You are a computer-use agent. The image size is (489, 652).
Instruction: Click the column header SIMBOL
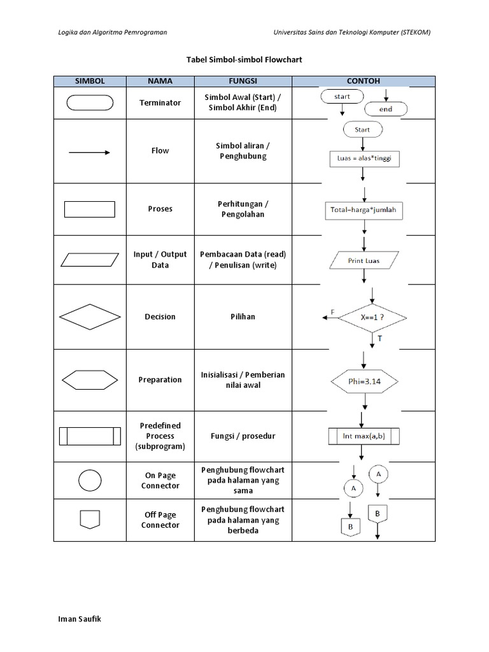(90, 81)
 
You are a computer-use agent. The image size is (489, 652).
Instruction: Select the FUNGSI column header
(243, 81)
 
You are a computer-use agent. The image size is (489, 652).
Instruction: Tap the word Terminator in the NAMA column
(160, 103)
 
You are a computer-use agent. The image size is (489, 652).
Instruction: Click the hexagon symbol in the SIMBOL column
(90, 380)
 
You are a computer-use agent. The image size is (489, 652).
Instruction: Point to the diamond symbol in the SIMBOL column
(90, 316)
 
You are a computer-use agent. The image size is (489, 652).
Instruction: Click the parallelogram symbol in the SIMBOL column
(90, 260)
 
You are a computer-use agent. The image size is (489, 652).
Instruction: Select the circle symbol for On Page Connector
(90, 481)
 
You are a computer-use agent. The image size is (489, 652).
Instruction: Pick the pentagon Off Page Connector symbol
(90, 519)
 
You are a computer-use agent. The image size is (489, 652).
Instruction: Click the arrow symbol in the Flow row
(90, 152)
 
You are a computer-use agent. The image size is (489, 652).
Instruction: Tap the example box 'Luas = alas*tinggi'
(364, 159)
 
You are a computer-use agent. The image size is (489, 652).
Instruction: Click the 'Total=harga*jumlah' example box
(364, 210)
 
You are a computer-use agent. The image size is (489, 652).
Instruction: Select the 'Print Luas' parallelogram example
(364, 260)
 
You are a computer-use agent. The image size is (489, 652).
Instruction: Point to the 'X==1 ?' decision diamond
(372, 317)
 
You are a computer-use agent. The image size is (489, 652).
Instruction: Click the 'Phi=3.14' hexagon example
(364, 382)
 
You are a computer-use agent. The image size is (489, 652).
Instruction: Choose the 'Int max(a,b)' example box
(364, 436)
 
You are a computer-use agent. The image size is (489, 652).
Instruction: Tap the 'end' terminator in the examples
(385, 109)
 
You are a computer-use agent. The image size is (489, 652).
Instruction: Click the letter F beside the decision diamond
(332, 311)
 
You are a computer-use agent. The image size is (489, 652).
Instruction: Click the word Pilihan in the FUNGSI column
(243, 316)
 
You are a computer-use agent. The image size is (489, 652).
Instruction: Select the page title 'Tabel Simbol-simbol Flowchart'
(244, 59)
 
